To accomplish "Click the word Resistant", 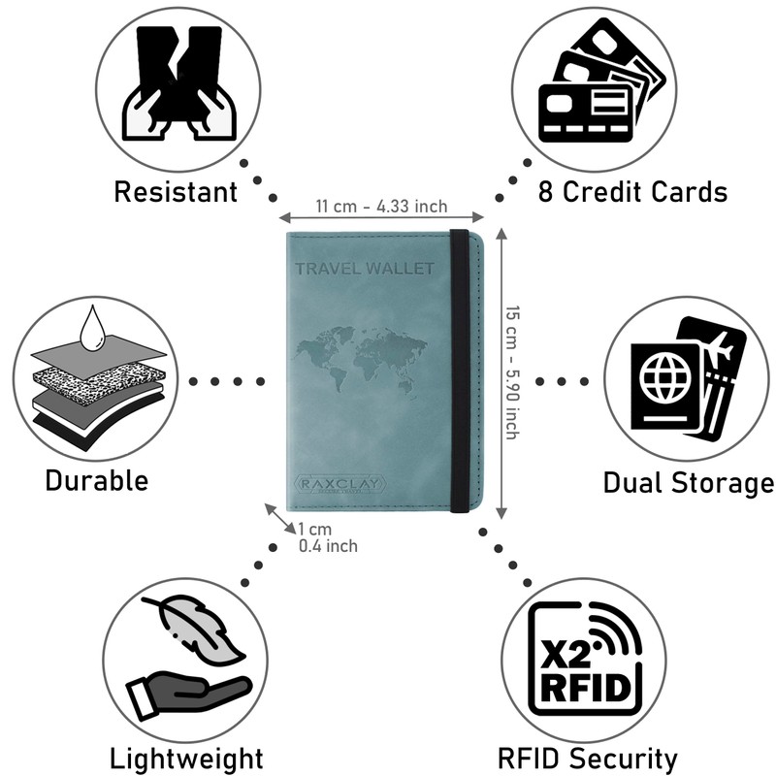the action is coord(176,191).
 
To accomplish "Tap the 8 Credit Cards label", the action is coord(632,191).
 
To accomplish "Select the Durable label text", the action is coord(96,479).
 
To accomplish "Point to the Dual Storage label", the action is coord(688,482).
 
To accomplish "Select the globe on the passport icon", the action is coord(663,377).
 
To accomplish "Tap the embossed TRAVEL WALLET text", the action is coord(364,269).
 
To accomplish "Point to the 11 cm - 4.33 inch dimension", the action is coord(381,206).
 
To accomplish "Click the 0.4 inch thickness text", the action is coord(328,546).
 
